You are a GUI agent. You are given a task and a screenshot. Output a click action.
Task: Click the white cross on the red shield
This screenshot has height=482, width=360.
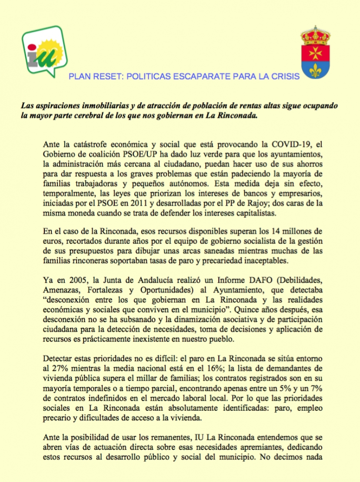[316, 52]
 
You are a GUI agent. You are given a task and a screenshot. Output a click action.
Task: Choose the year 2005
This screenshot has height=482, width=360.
[73, 279]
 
